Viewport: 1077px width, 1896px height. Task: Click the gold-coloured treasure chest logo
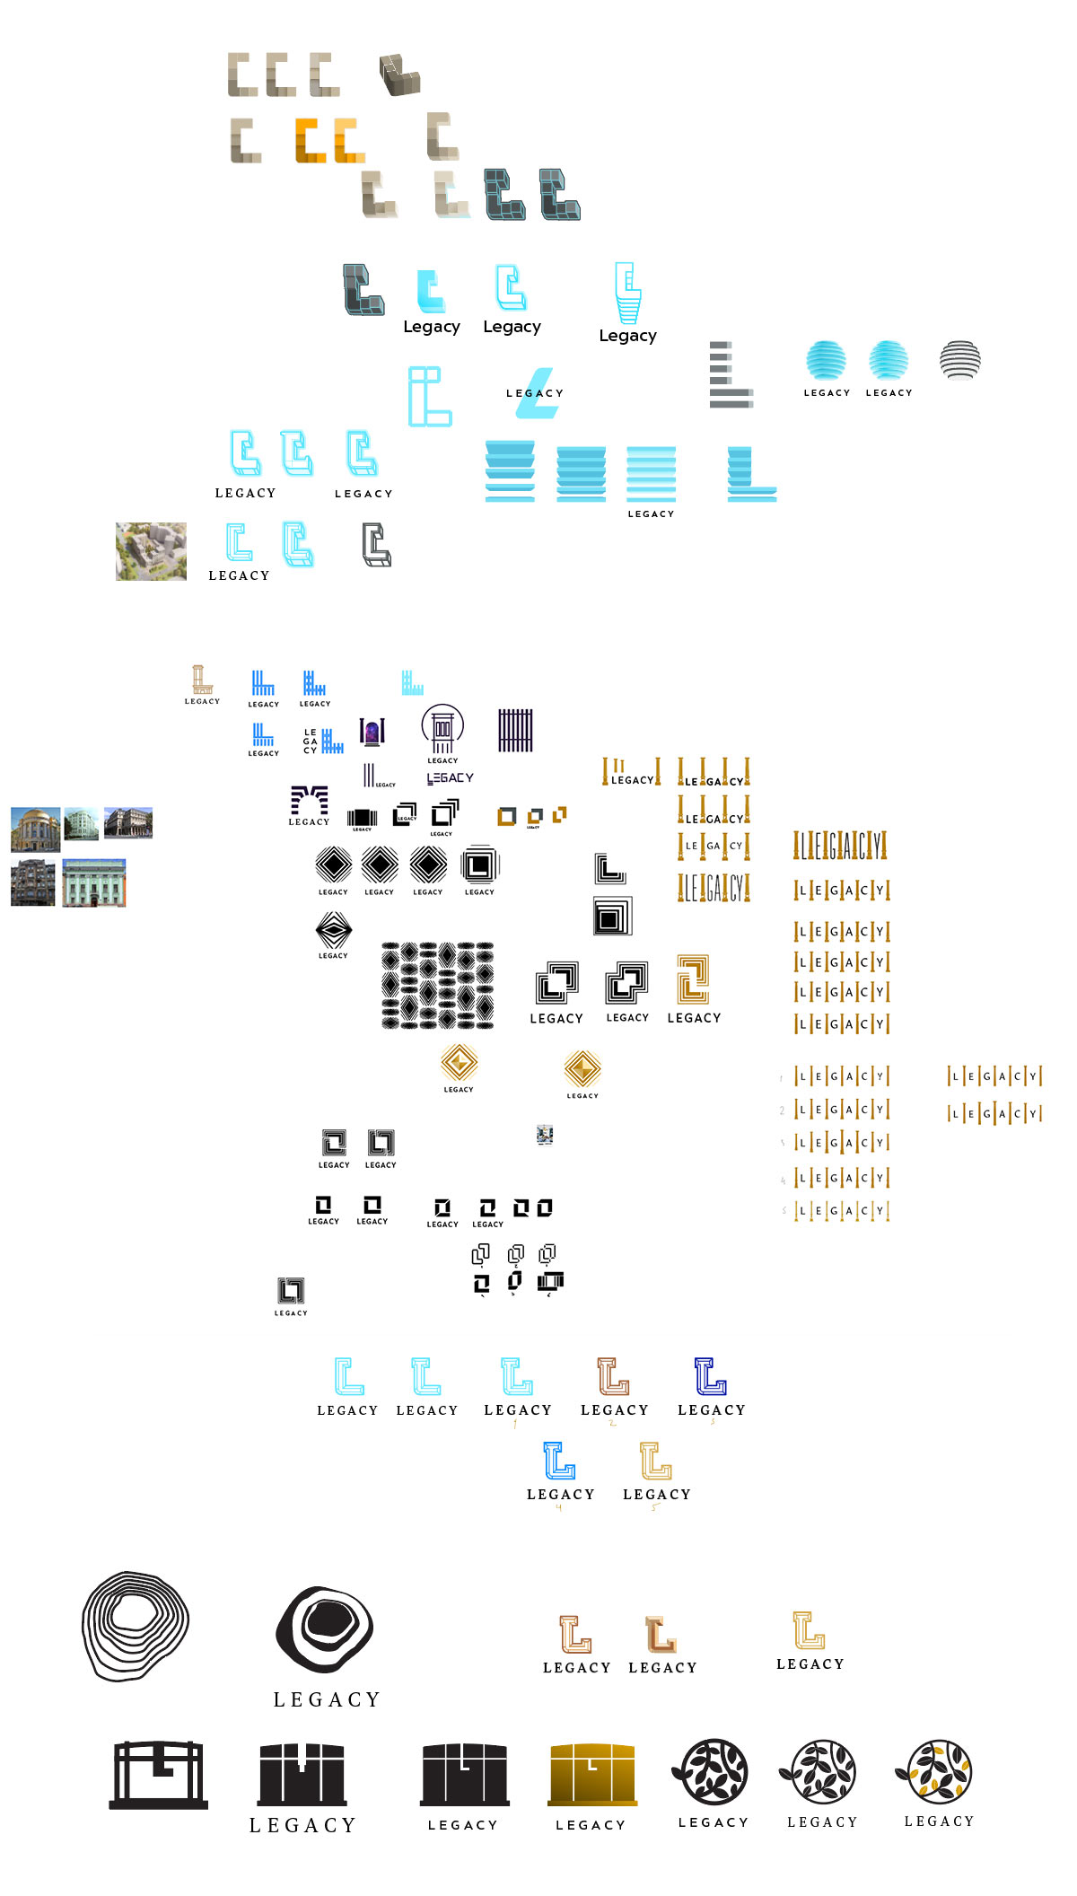pos(591,1774)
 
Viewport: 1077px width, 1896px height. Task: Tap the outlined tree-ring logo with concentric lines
pos(136,1625)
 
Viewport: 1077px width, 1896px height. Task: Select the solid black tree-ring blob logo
pos(325,1629)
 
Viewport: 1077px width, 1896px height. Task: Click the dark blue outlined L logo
pos(710,1375)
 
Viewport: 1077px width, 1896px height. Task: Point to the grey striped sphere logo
pos(959,360)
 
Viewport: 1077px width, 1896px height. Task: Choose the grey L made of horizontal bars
pos(730,375)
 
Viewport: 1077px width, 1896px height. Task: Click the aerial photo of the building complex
pos(151,551)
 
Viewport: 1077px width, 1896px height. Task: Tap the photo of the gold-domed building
pos(35,829)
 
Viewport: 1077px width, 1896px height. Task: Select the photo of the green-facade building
pos(94,882)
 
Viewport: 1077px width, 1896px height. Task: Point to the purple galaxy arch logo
pos(372,732)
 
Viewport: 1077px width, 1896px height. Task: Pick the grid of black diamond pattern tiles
pos(437,985)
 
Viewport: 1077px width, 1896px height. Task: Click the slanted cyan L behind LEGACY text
pos(538,393)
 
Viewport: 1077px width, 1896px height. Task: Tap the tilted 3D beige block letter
pos(399,75)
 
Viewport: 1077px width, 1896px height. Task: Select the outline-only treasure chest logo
pos(159,1775)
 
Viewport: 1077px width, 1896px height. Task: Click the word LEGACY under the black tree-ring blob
pos(327,1699)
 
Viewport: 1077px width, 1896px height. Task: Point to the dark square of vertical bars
pos(515,730)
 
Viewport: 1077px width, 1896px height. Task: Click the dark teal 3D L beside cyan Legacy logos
pos(363,289)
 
